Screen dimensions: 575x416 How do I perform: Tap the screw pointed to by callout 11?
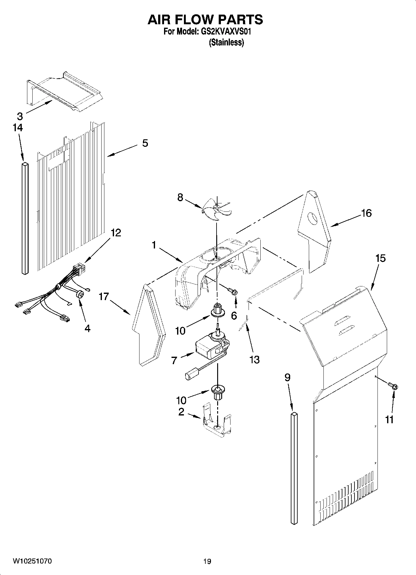(394, 387)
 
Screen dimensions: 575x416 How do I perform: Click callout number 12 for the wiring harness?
(116, 233)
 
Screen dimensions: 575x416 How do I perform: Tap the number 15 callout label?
(380, 258)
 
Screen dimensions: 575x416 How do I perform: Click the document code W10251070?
(32, 561)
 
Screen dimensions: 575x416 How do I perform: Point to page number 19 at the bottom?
(207, 561)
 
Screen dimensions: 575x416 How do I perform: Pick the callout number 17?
(104, 297)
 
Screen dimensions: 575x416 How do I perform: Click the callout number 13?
(254, 359)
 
